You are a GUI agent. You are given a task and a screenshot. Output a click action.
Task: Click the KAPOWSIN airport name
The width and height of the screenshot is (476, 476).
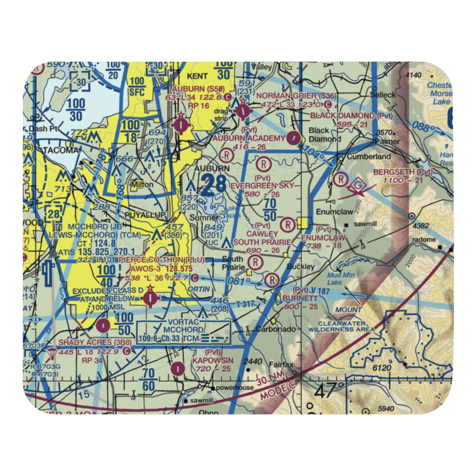(x=207, y=361)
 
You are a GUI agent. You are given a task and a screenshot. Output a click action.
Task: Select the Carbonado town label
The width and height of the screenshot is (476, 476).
(x=272, y=329)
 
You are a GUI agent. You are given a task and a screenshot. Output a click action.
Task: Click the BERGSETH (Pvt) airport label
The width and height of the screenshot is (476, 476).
(x=402, y=171)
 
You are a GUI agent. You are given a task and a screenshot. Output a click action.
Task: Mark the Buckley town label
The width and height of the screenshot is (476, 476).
(x=301, y=267)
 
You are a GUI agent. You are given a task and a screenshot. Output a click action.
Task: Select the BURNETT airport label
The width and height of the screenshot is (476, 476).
(x=300, y=298)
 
